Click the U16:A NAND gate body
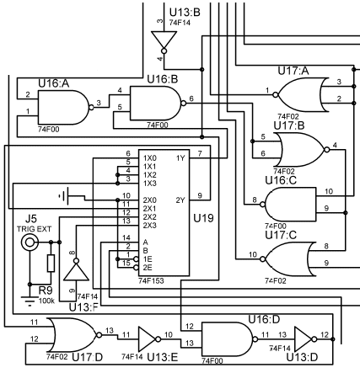pos(63,108)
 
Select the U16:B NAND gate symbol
pos(155,104)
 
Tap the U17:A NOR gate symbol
pos(300,95)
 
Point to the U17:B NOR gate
pos(302,150)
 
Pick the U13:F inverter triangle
pos(76,270)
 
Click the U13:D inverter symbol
pos(306,339)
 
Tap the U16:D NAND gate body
pos(227,339)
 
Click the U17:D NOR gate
pos(74,335)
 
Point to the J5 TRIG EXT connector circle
pos(30,242)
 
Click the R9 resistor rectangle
pos(51,263)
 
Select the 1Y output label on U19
pos(180,158)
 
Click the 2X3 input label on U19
pos(150,226)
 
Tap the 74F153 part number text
pos(151,281)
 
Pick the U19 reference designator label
pos(203,218)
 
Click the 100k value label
pos(46,301)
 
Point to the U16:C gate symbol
pos(287,205)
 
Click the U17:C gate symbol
pos(287,259)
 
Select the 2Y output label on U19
pos(180,200)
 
